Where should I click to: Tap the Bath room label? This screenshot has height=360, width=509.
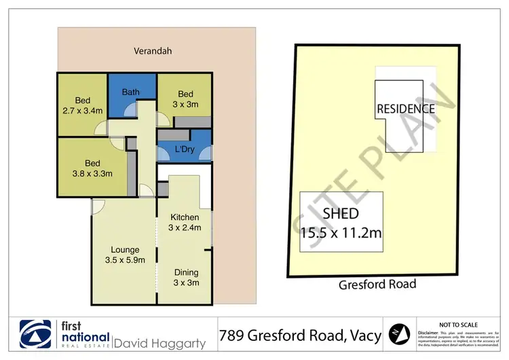pyautogui.click(x=131, y=92)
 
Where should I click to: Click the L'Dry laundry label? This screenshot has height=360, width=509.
pyautogui.click(x=185, y=148)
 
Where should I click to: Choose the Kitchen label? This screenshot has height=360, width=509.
pyautogui.click(x=185, y=217)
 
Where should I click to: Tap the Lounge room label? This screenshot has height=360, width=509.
pyautogui.click(x=124, y=249)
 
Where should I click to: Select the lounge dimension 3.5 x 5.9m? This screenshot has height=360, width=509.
pyautogui.click(x=124, y=259)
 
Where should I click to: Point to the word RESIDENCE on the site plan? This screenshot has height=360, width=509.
pyautogui.click(x=406, y=109)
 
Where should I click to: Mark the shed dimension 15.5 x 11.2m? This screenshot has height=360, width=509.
pyautogui.click(x=341, y=233)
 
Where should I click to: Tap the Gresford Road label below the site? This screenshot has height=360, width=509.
pyautogui.click(x=377, y=285)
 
